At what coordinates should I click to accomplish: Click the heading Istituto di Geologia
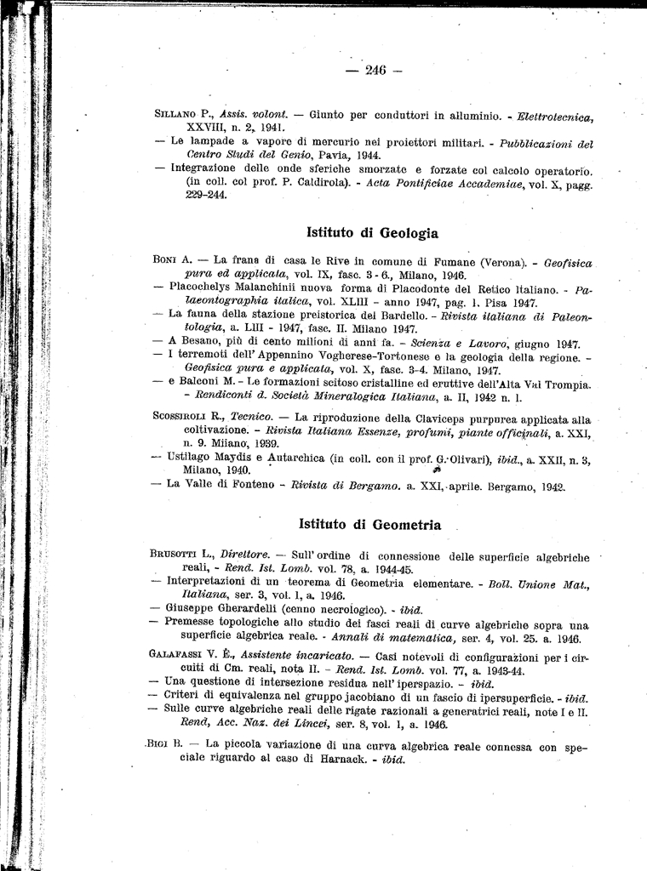pyautogui.click(x=372, y=232)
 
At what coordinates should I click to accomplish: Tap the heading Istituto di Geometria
pyautogui.click(x=370, y=525)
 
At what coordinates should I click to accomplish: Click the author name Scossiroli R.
pyautogui.click(x=189, y=418)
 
